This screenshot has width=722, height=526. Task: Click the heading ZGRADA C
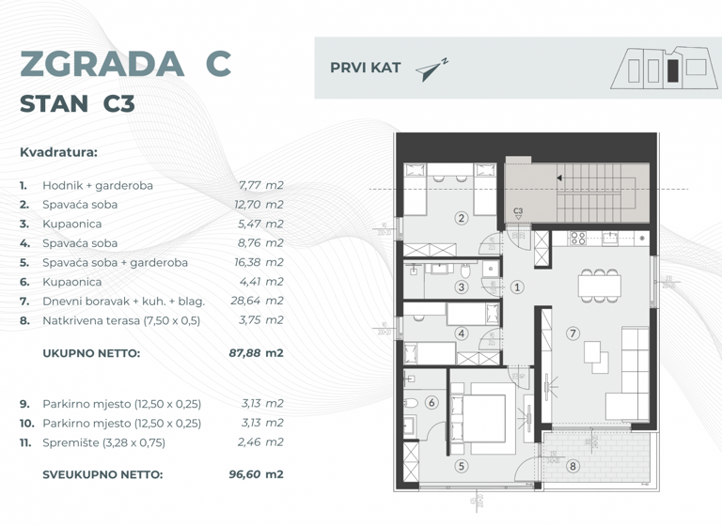point(125,64)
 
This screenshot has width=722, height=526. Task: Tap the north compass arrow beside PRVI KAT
point(432,70)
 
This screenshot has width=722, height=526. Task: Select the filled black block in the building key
point(672,70)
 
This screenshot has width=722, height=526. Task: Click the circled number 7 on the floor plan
point(573,333)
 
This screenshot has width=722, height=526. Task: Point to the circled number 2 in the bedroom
point(461,219)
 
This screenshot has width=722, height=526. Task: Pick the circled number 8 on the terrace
point(573,465)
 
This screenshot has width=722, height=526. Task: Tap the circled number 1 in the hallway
point(517,287)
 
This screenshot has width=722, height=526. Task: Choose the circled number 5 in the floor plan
point(461,465)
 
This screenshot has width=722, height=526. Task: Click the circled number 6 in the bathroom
point(432,403)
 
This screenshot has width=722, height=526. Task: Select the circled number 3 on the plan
point(462,287)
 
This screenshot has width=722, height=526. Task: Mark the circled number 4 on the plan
point(461,333)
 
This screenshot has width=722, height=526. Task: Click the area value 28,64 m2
point(257,301)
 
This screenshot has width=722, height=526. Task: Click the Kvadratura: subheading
point(58,151)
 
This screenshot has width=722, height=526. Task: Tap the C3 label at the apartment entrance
point(518,211)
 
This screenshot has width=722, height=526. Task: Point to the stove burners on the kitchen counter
point(578,239)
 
